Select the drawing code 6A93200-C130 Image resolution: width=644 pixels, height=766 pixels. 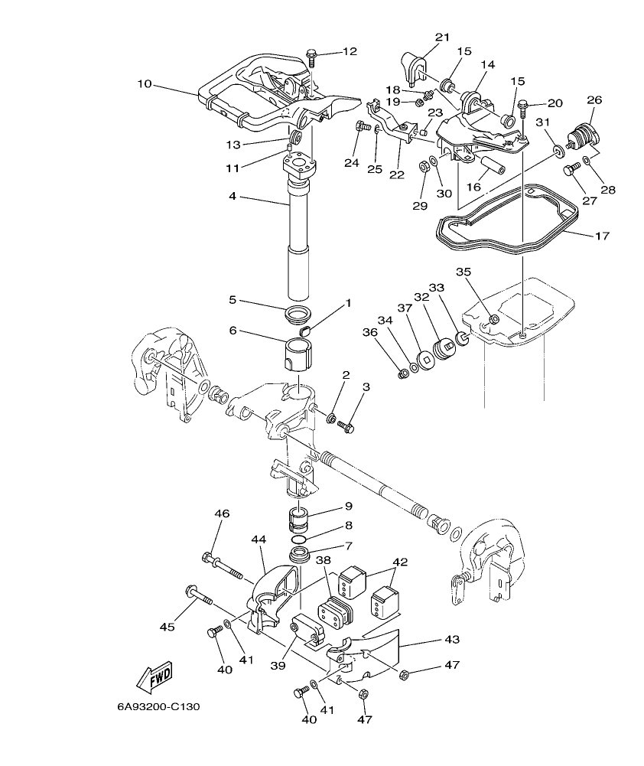tap(158, 706)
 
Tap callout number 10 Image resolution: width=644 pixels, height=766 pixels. tap(145, 83)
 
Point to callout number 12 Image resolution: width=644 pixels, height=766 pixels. tap(349, 52)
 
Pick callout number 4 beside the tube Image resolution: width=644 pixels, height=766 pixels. tap(233, 197)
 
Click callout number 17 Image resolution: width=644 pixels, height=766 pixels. tap(601, 236)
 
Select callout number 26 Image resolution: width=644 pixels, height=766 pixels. tap(594, 100)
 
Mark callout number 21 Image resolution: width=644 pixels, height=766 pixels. tap(443, 37)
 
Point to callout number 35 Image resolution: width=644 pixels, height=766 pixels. tap(463, 272)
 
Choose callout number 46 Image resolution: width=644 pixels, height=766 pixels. tap(221, 513)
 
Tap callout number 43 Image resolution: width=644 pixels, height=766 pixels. tap(452, 639)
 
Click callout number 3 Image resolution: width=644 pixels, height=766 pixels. tap(366, 387)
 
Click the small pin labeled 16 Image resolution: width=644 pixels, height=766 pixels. tap(490, 165)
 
